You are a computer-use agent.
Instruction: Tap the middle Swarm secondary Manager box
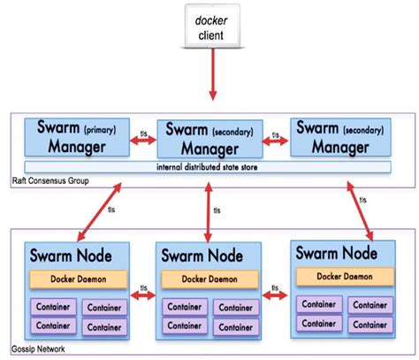(209, 138)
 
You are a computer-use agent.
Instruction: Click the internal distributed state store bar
(209, 166)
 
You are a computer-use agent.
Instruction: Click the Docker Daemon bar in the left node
(76, 278)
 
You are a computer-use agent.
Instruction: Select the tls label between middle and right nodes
(276, 288)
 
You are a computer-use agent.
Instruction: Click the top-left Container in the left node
(51, 306)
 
